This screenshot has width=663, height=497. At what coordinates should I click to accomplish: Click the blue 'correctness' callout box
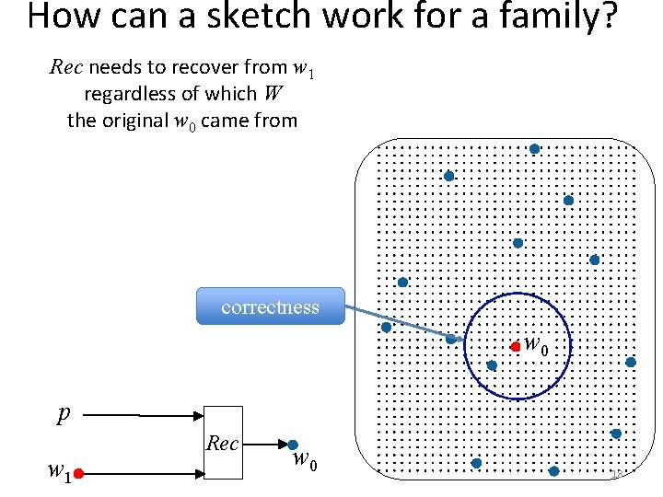[x=270, y=306]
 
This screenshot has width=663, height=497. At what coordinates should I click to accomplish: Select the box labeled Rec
[x=223, y=443]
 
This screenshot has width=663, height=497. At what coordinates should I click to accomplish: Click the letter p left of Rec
[x=63, y=415]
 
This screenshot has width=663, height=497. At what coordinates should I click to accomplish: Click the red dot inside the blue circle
[x=515, y=347]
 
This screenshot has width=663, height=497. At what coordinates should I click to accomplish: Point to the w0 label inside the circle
[x=536, y=345]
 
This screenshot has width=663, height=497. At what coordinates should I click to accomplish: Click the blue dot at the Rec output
[x=293, y=445]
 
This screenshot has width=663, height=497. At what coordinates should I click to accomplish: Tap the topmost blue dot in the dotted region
[x=534, y=148]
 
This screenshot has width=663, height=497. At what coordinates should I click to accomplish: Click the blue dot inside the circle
[x=492, y=364]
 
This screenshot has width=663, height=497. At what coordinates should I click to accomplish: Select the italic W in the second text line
[x=273, y=94]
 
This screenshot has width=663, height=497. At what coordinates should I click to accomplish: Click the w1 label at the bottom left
[x=59, y=473]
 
